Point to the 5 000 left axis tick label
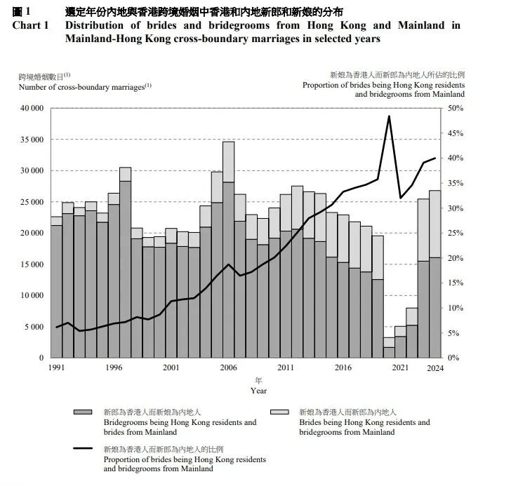pos(32,327)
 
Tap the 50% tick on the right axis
pos(456,109)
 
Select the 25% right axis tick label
pos(456,234)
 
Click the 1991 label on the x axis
pos(57,367)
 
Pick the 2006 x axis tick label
pos(228,367)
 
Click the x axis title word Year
pos(259,390)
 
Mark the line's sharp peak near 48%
pos(389,116)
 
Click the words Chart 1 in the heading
pos(31,25)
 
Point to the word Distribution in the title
pos(100,25)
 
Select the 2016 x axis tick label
pos(343,367)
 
